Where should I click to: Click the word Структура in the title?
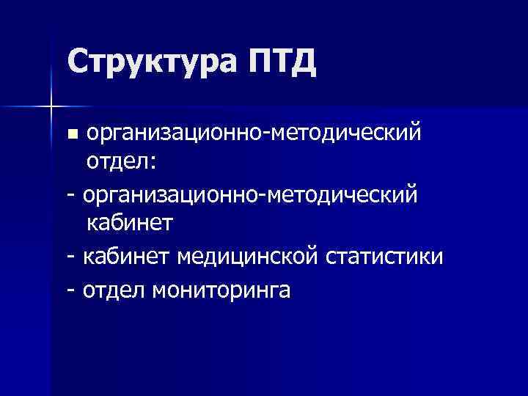pos(153,62)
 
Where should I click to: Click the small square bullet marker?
pos(72,135)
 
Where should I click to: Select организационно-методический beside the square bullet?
pos(254,133)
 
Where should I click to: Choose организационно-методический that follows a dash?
pos(251,195)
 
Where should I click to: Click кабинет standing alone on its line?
pos(129,223)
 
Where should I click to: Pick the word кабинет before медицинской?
pos(125,257)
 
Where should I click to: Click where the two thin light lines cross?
pos(51,107)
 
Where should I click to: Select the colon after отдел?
pos(153,163)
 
